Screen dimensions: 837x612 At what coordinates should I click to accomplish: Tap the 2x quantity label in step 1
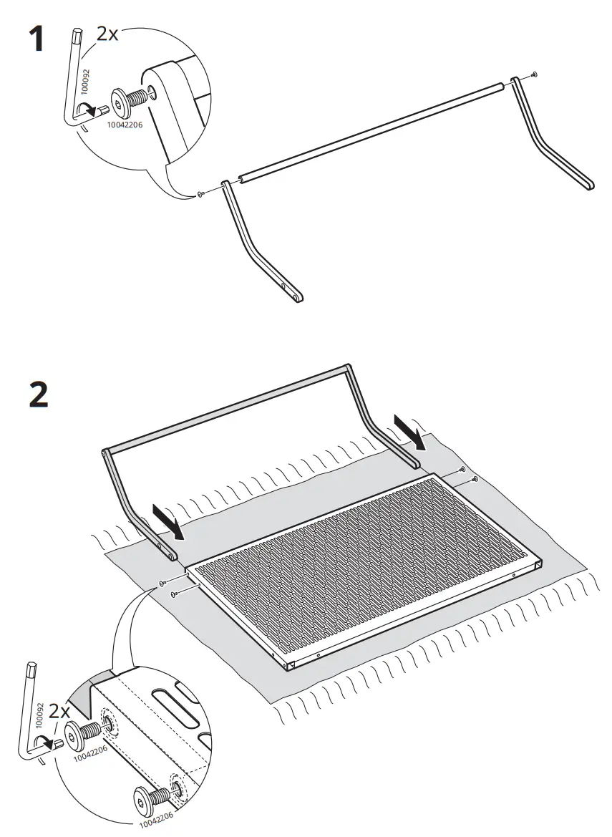107,34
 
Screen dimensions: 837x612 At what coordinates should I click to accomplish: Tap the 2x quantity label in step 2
59,712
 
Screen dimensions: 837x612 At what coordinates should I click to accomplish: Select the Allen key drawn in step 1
77,79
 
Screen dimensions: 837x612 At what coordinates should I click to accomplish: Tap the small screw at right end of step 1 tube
535,74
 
